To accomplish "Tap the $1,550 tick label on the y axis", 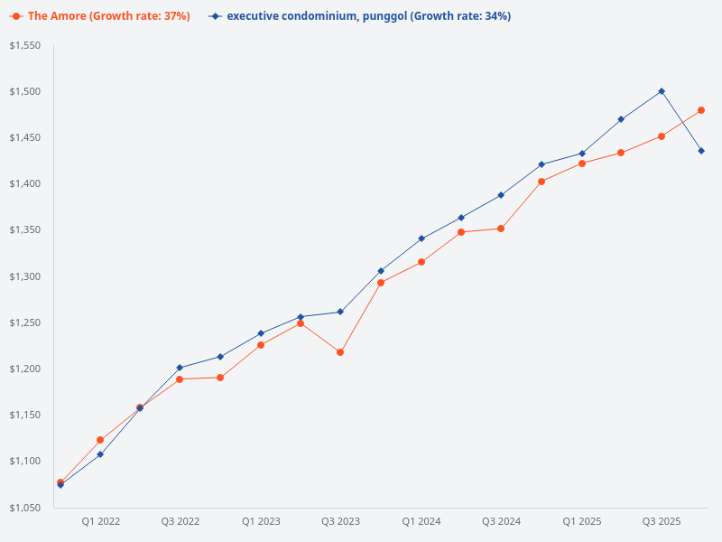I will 25,45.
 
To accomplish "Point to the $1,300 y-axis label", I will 25,276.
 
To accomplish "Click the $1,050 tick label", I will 25,508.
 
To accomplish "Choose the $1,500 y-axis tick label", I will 25,91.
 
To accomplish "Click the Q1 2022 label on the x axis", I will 100,521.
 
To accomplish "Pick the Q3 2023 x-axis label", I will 340,521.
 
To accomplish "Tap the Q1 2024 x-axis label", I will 421,521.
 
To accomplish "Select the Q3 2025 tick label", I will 662,521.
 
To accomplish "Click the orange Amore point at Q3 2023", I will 340,352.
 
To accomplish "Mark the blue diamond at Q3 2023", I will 340,312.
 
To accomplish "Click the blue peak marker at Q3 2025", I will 662,91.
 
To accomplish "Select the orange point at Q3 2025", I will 662,136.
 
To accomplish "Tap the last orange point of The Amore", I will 701,110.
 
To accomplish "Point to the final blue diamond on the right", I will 701,151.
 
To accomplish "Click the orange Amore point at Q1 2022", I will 100,440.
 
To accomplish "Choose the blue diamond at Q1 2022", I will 100,454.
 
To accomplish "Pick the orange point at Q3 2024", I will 501,229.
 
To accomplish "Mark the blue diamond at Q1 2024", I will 421,238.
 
